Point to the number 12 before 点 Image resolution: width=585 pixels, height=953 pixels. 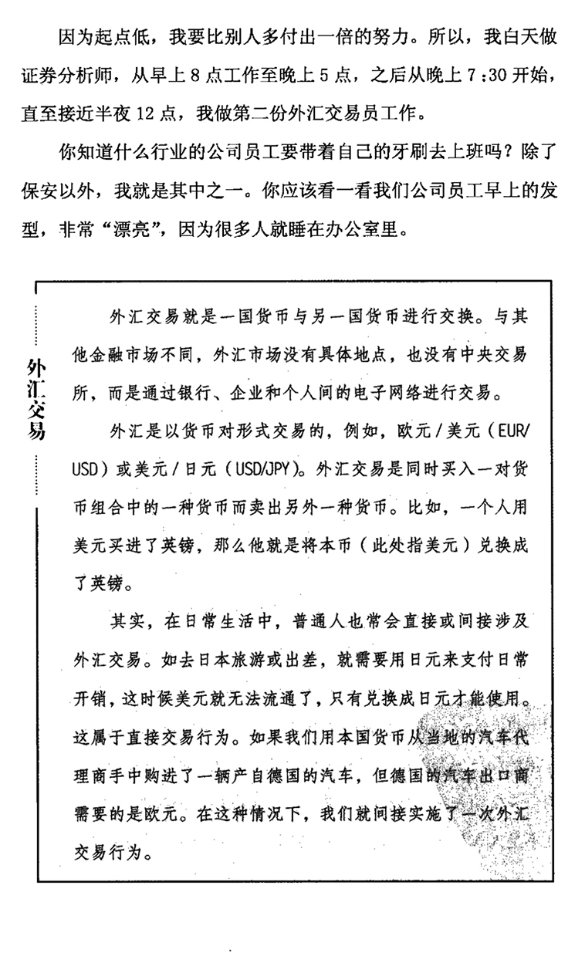coord(147,115)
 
